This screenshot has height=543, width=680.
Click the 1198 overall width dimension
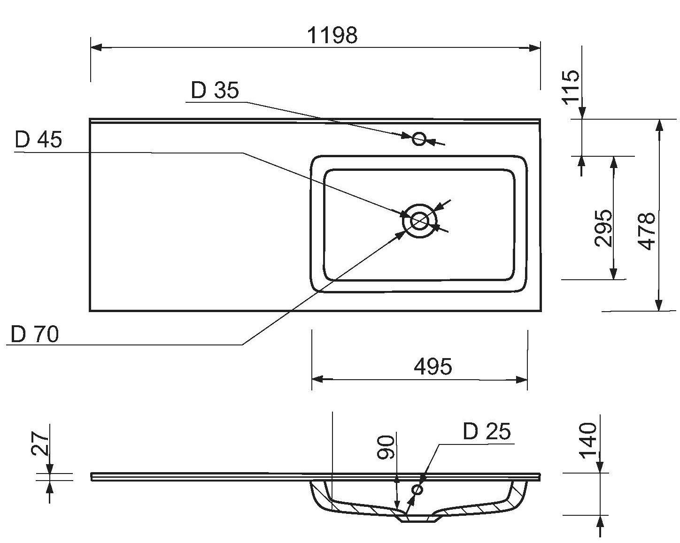pos(332,35)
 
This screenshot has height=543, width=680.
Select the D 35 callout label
pos(215,90)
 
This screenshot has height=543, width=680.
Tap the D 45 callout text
pos(38,139)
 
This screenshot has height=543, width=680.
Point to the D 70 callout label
pos(35,334)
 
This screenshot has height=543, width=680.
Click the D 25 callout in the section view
pos(487,431)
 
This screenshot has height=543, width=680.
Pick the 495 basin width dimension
pos(433,366)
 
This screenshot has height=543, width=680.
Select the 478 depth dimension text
pos(647,231)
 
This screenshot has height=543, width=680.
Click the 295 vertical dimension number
pos(603,229)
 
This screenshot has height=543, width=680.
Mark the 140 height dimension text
pos(588,441)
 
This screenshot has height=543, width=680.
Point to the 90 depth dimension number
pos(386,447)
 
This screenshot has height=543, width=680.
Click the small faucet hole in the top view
pos(419,139)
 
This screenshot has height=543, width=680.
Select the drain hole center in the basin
pos(419,221)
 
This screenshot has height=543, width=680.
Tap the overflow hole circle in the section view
pos(417,490)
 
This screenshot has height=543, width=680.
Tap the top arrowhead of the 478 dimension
pos(659,124)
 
